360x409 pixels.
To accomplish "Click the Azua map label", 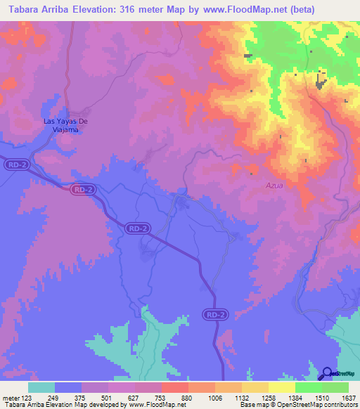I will [x=256, y=186].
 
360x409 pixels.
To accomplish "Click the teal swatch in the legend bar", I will [x=41, y=387].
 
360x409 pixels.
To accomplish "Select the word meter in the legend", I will [x=10, y=397].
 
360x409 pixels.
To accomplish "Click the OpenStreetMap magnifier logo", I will [x=326, y=373].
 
